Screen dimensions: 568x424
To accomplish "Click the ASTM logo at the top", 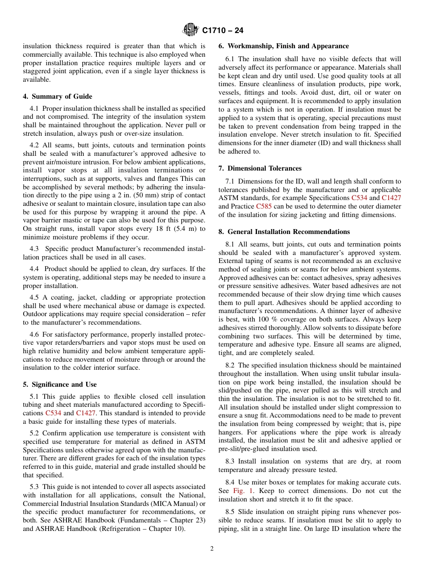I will click(x=191, y=30).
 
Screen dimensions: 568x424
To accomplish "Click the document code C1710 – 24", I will click(x=223, y=30).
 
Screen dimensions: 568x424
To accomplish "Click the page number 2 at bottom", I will click(x=212, y=549).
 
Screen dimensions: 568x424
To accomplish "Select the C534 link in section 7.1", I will click(x=359, y=198).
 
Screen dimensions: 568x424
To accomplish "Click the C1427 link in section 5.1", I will click(x=85, y=413).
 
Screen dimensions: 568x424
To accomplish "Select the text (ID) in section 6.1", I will click(x=319, y=143).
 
